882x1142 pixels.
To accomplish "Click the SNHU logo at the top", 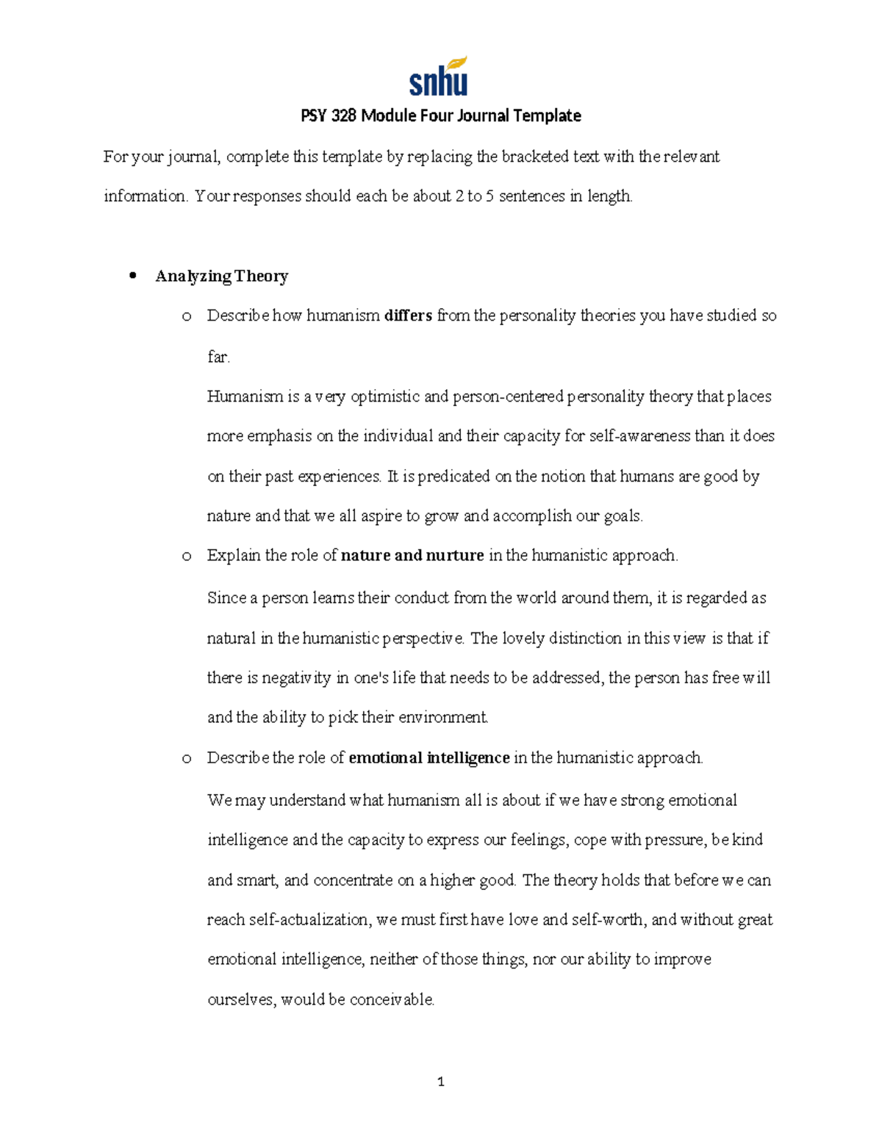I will [x=439, y=78].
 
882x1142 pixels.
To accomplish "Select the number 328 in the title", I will [x=344, y=116].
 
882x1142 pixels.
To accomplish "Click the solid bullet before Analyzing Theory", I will [x=133, y=276].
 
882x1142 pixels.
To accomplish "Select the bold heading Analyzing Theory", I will [x=221, y=276].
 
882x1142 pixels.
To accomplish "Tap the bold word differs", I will [x=408, y=315].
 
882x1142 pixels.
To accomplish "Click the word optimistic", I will [x=385, y=396].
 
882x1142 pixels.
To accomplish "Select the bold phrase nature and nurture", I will [x=412, y=555].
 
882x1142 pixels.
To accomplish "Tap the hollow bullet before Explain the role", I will [x=187, y=556].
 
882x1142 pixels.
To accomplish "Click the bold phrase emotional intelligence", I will [x=429, y=758].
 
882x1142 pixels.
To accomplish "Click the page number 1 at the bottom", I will [x=440, y=1082].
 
